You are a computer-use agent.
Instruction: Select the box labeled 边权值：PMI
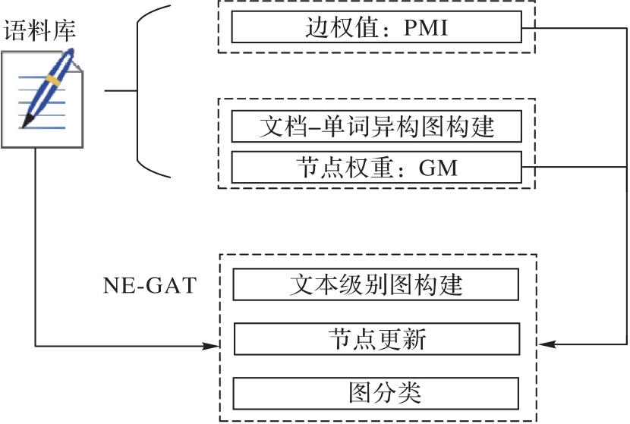376,30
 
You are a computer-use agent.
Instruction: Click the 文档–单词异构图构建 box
376,126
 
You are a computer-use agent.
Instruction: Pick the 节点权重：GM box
376,166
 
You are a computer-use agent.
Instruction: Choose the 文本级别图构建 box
376,286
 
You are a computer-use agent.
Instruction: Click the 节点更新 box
376,339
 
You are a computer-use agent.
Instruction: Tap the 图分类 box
376,393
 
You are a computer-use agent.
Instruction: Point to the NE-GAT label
150,286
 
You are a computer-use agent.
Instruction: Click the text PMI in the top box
426,30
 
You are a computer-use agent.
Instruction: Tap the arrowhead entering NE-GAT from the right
543,345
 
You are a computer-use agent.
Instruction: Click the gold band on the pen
53,79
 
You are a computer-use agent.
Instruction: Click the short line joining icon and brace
120,91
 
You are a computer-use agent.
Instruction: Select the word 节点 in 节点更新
350,339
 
